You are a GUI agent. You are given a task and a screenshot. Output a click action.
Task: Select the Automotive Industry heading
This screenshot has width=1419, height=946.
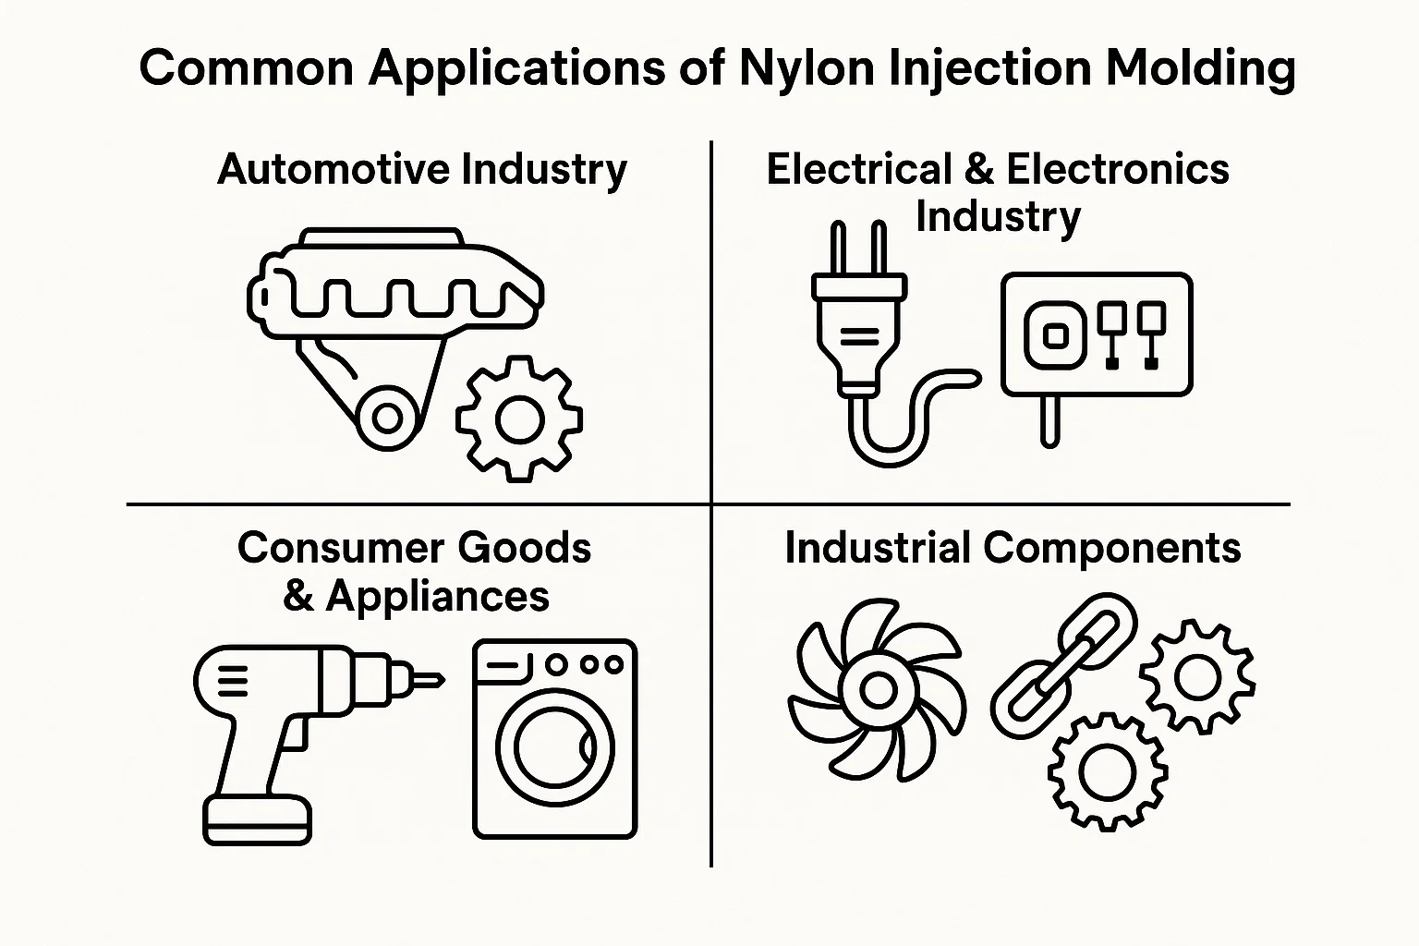[422, 170]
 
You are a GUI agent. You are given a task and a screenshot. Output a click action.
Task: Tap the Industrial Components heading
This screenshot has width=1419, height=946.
[1013, 548]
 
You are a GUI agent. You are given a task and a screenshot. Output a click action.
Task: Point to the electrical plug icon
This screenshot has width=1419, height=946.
[856, 333]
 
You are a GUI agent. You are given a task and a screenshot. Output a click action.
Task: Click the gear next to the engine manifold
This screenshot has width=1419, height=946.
[519, 420]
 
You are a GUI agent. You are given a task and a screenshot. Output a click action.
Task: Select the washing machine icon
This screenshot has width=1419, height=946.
[554, 739]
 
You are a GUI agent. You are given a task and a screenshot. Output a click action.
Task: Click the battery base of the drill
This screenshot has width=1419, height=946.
[257, 820]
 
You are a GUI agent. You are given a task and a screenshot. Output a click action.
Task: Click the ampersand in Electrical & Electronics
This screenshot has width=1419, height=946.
[978, 170]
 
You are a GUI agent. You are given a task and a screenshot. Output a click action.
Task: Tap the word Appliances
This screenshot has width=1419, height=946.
[437, 596]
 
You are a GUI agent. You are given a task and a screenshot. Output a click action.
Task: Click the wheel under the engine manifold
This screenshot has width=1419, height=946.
[385, 419]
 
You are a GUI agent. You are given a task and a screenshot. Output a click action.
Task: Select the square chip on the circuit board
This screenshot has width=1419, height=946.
[1054, 334]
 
